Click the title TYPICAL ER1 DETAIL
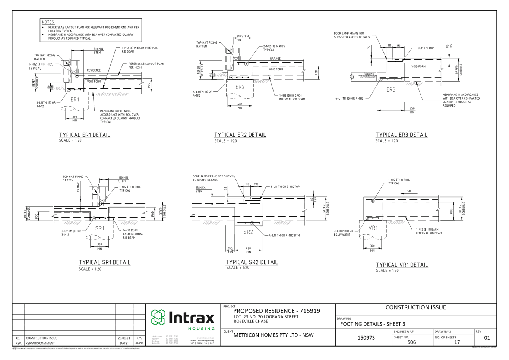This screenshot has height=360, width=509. (x=85, y=135)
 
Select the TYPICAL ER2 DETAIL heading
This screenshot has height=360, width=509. (x=240, y=135)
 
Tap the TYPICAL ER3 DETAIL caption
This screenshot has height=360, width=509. (x=401, y=135)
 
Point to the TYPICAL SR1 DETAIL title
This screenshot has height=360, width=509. (x=105, y=262)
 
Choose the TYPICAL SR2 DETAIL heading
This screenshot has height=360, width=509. (x=252, y=262)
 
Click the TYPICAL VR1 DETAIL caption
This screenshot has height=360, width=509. (x=402, y=265)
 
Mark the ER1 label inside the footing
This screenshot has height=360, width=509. (x=75, y=100)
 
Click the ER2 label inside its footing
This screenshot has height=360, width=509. (x=240, y=87)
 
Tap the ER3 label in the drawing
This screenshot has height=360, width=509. (x=391, y=90)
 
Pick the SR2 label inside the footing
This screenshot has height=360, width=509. (x=248, y=232)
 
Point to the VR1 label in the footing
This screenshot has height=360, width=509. (x=373, y=228)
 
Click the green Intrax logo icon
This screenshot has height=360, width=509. (x=158, y=317)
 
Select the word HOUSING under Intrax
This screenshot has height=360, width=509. (x=201, y=329)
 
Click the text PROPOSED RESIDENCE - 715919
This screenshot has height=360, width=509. (x=276, y=311)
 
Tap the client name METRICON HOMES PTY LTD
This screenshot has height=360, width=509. (x=273, y=335)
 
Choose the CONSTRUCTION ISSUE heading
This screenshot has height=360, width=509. (x=415, y=307)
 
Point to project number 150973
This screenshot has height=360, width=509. (x=366, y=338)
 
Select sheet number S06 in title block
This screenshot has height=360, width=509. (x=411, y=342)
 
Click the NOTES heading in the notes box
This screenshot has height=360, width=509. (x=48, y=22)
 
